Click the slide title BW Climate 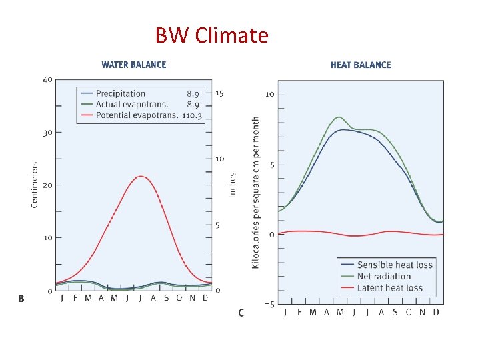(x=211, y=35)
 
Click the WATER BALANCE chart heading (x=134, y=65)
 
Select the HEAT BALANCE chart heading (x=361, y=65)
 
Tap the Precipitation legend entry (x=120, y=93)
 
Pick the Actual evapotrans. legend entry (x=131, y=104)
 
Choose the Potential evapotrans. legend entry (x=137, y=115)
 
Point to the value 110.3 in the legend (x=193, y=115)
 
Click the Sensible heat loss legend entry (x=395, y=265)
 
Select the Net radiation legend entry (x=383, y=276)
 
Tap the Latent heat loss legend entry (x=389, y=287)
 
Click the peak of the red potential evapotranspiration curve (x=140, y=176)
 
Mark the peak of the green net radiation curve (x=339, y=117)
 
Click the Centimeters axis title (x=35, y=184)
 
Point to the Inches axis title (x=233, y=184)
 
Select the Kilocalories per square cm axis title (x=255, y=193)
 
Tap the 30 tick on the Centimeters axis (x=47, y=133)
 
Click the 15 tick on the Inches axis (x=219, y=93)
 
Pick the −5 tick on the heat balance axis (x=269, y=305)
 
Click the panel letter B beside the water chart (x=21, y=299)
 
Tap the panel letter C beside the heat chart (x=241, y=312)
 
